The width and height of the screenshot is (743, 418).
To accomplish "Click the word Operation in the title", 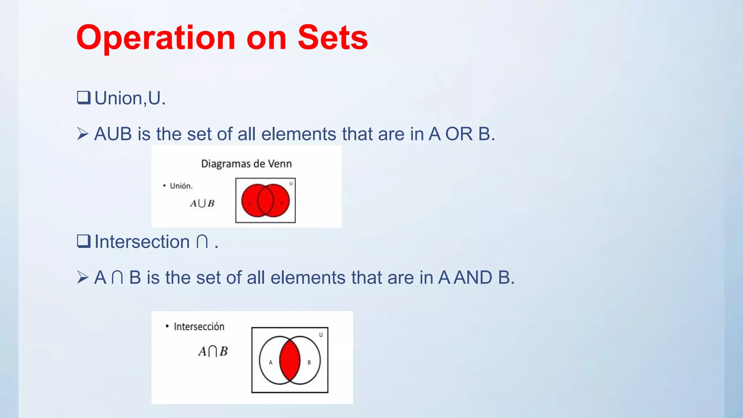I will point(156,38).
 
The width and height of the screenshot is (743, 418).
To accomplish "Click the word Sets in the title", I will point(332,37).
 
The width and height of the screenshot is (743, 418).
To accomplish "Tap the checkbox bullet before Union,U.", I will point(83,98).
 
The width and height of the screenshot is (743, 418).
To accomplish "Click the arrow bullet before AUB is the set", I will point(83,134).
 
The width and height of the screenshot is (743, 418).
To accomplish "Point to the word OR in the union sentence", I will point(459,134).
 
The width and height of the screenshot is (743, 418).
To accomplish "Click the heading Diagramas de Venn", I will point(246,164).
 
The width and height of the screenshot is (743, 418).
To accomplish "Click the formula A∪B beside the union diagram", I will point(202,203).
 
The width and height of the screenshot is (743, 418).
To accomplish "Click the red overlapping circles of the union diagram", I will point(266,200).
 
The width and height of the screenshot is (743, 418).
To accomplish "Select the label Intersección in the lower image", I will point(199,327).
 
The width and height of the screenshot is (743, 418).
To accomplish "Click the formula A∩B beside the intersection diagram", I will point(213,351).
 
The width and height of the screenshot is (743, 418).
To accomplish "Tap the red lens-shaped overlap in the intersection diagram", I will point(290,360).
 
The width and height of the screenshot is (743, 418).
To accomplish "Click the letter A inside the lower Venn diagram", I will point(270,362).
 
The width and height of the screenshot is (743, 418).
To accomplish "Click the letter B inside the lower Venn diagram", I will point(309,362).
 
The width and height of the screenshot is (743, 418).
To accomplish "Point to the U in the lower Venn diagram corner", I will point(321,335).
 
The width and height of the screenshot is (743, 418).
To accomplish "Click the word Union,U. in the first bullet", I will point(130,98).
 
